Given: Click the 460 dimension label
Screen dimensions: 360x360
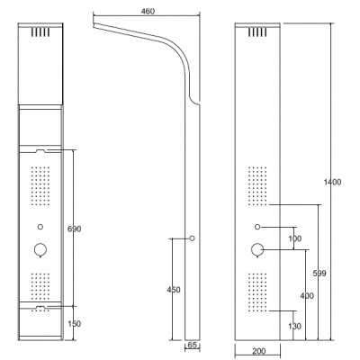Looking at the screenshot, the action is (148, 12).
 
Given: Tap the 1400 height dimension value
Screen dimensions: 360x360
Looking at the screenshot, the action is (332, 182).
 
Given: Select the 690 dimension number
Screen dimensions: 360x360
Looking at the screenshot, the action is (74, 229).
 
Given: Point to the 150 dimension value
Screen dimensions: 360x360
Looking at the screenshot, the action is (74, 324).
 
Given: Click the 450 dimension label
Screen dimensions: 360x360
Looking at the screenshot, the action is (174, 290).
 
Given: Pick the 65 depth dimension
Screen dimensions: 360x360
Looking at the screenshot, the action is (192, 345).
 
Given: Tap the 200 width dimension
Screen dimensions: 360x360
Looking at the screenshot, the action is (258, 351).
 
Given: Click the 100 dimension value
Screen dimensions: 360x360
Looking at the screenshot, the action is (294, 238).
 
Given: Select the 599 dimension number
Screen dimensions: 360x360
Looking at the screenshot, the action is (319, 274).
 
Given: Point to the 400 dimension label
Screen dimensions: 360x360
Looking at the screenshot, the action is (307, 296).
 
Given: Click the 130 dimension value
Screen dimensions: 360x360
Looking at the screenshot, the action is (294, 326).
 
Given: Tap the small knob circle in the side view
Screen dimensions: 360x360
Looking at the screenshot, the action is (192, 238).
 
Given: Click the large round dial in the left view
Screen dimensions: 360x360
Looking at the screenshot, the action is (40, 249).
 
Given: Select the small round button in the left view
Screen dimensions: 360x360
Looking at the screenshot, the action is (40, 227).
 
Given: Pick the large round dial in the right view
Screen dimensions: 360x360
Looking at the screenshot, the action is (257, 249).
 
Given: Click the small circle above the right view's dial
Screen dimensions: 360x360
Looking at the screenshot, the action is (257, 227).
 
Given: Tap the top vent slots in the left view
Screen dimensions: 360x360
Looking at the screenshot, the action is (40, 32).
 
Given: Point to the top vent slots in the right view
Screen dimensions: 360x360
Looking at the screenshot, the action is (257, 32).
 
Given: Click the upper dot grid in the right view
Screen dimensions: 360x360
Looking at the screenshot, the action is (257, 186).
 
